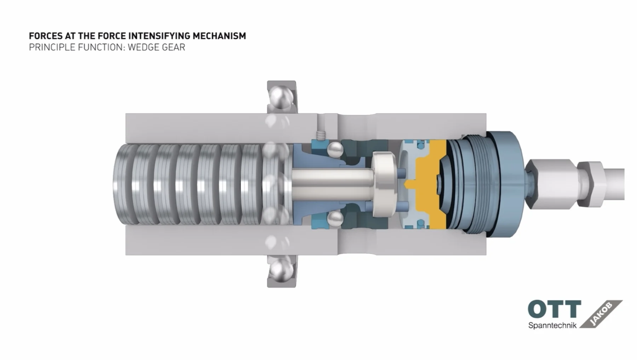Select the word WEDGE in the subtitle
142,47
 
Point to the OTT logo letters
554,309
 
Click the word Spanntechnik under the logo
552,325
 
